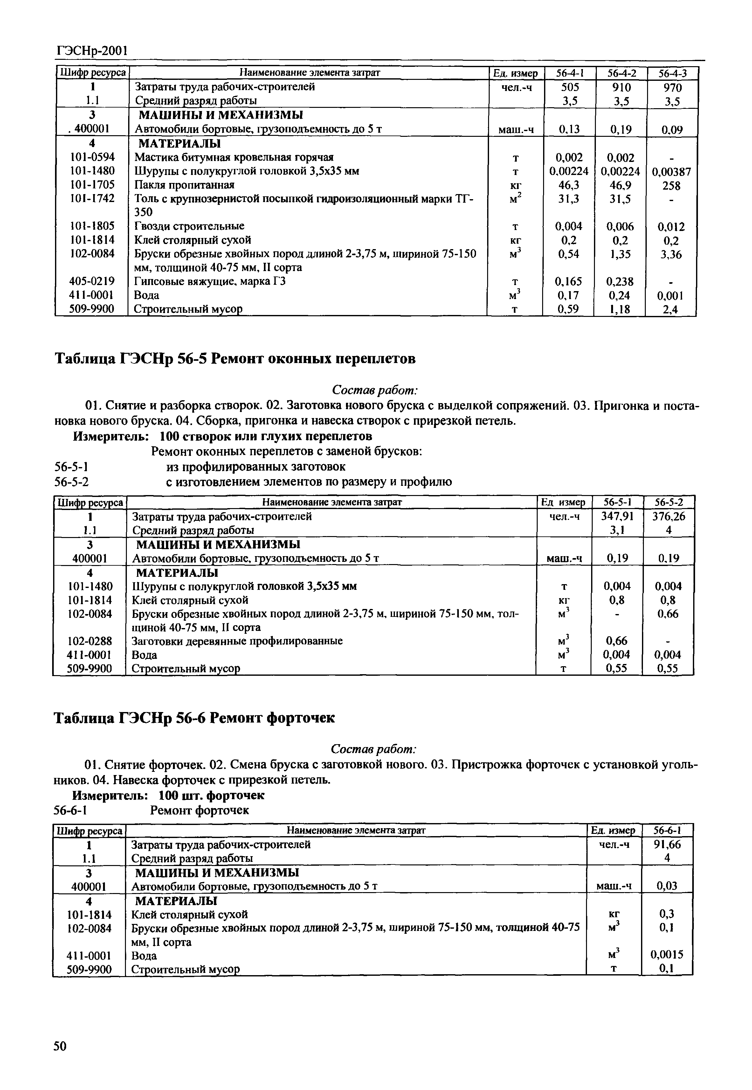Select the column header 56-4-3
[x=672, y=73]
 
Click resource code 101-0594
[x=92, y=157]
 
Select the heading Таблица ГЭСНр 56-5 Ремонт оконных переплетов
[x=236, y=359]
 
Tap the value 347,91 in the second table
[x=617, y=516]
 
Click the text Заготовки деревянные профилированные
[x=237, y=641]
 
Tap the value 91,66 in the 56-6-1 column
[x=667, y=844]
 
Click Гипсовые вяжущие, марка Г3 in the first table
[x=210, y=282]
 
